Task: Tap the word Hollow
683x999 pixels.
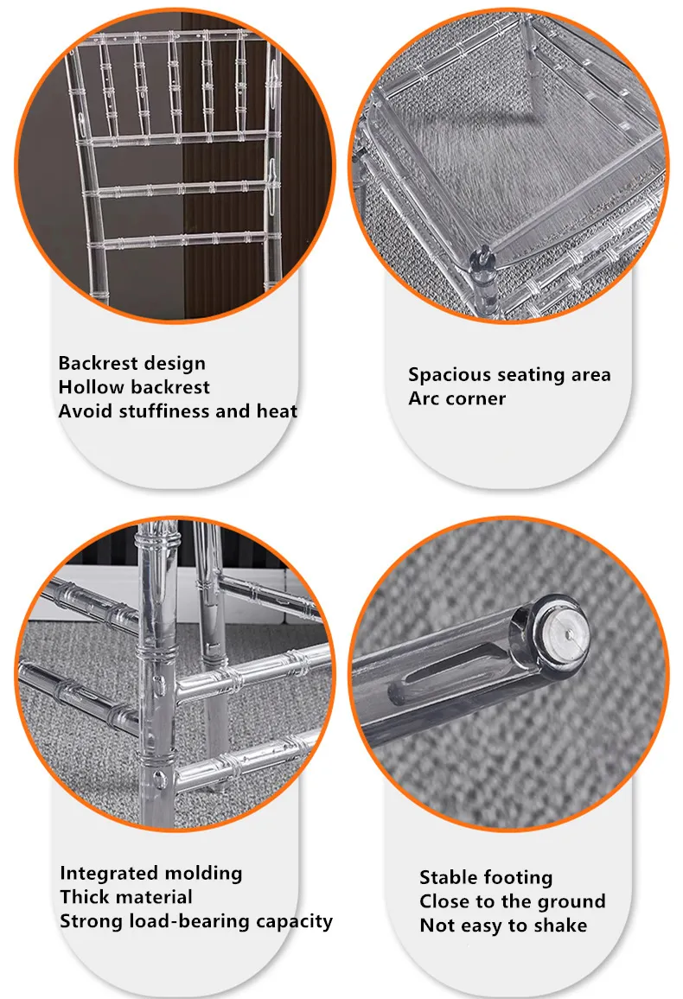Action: tap(86, 387)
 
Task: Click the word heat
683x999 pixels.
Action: tap(277, 411)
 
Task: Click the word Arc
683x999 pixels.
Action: tap(422, 399)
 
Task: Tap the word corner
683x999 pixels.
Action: tap(474, 399)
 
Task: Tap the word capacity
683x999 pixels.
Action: tap(294, 922)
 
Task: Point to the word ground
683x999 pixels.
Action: tap(568, 902)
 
